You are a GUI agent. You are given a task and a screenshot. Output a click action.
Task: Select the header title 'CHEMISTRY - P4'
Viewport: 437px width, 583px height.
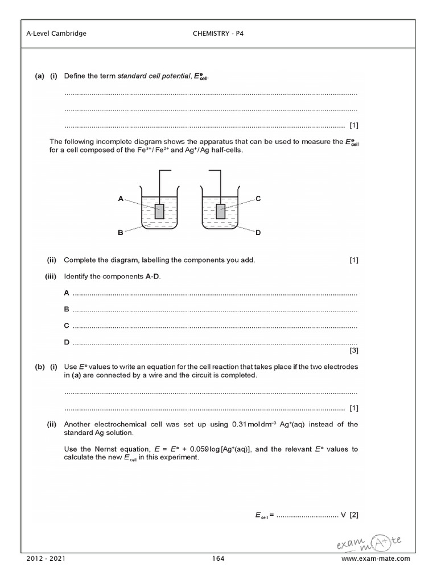pyautogui.click(x=219, y=34)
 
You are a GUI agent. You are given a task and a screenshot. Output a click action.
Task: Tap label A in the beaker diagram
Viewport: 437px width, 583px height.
pyautogui.click(x=121, y=198)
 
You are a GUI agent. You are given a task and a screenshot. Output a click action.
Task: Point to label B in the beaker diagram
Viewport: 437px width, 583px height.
pyautogui.click(x=121, y=232)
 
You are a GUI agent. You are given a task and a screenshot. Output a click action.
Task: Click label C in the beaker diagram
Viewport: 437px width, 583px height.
pyautogui.click(x=258, y=198)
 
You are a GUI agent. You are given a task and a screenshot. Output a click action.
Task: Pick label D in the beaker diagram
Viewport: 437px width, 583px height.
pyautogui.click(x=258, y=232)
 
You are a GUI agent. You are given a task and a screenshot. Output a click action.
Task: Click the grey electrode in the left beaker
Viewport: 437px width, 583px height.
pyautogui.click(x=160, y=212)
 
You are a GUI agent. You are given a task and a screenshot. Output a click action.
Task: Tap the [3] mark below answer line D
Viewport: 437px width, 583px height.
pyautogui.click(x=354, y=351)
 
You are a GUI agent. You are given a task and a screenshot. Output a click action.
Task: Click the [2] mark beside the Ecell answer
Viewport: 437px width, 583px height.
pyautogui.click(x=354, y=515)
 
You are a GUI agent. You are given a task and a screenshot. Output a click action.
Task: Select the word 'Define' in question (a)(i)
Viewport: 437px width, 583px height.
pyautogui.click(x=73, y=76)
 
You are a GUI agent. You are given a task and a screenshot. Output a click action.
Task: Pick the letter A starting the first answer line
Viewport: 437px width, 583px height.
pyautogui.click(x=67, y=293)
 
